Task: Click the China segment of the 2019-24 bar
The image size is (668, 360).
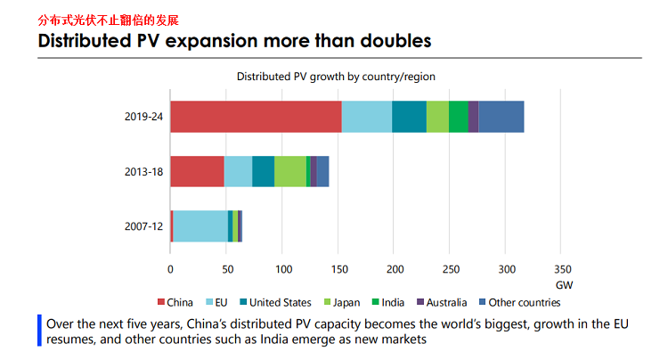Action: (x=256, y=117)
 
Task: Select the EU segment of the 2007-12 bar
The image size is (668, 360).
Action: (x=200, y=226)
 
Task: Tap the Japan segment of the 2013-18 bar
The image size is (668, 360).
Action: (x=290, y=171)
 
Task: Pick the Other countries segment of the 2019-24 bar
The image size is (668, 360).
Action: (x=501, y=117)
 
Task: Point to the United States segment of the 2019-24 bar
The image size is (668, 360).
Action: (x=409, y=117)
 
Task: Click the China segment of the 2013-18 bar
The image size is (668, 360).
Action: (x=197, y=171)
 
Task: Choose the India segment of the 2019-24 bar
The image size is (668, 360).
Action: (x=458, y=117)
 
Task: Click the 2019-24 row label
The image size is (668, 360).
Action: (x=144, y=117)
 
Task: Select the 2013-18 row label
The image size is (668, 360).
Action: (x=144, y=171)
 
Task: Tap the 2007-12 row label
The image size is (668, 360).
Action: (x=144, y=226)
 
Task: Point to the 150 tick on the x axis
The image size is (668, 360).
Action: (x=338, y=268)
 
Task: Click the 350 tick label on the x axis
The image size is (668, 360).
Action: (x=563, y=268)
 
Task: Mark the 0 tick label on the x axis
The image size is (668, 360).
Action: (x=170, y=268)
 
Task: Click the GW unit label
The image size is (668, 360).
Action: (x=564, y=285)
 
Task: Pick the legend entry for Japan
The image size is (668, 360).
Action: (x=341, y=302)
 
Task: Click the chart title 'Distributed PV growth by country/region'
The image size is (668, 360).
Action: (x=335, y=77)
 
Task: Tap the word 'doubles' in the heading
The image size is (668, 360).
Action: (x=389, y=40)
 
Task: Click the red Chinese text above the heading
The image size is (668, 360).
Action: (x=102, y=18)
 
